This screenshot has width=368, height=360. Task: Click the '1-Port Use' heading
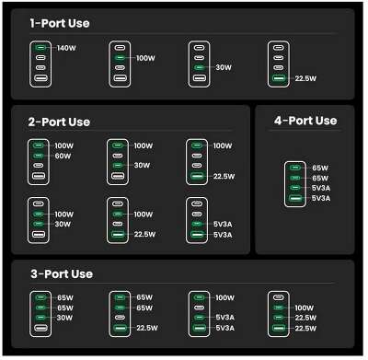[x=60, y=23]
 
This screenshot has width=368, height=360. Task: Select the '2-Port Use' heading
[x=61, y=122]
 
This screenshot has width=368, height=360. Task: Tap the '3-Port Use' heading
[x=61, y=274]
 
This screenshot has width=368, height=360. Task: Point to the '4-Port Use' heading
[x=305, y=121]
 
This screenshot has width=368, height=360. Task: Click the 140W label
[x=66, y=48]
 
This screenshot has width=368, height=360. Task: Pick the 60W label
[x=63, y=157]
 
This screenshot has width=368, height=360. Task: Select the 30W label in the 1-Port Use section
[x=224, y=67]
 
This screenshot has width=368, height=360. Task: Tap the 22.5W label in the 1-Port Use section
[x=305, y=78]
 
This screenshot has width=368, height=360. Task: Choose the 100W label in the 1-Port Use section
[x=144, y=58]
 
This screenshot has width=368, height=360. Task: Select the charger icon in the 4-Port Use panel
[x=294, y=183]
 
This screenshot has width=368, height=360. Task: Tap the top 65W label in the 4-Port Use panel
[x=319, y=168]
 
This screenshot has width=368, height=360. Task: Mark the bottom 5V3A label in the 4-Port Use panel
[x=320, y=198]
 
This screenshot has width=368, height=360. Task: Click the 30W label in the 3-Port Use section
[x=65, y=318]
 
